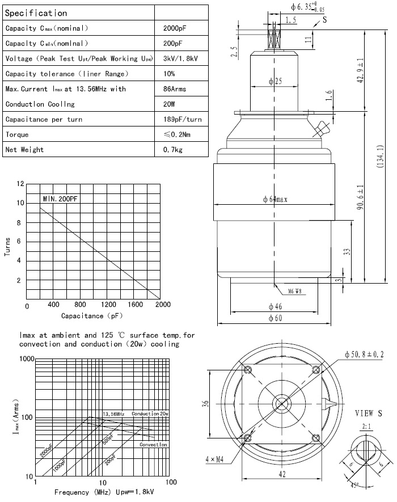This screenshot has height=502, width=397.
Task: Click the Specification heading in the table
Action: coord(36,12)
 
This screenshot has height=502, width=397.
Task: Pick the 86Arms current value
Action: coord(174,89)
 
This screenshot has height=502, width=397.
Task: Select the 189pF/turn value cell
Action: coord(181,120)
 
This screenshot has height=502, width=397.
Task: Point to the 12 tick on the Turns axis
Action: coord(21,184)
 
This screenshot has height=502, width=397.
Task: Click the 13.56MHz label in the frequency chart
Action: coord(113,414)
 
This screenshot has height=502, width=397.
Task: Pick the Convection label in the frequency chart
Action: coord(153,445)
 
